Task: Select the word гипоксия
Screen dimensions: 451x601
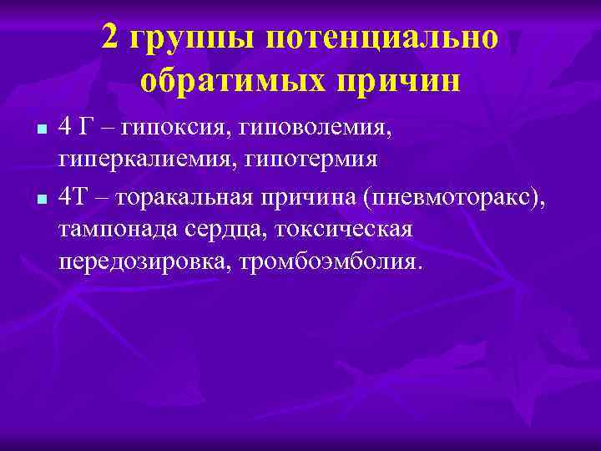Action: coord(173,128)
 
